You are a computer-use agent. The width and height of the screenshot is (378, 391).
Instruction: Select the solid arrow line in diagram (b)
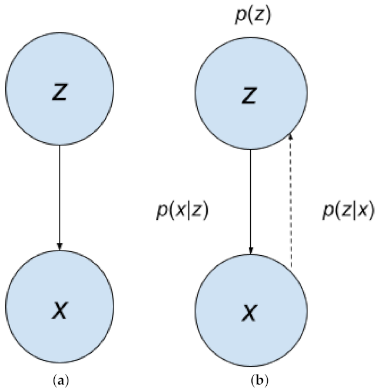[x=251, y=200]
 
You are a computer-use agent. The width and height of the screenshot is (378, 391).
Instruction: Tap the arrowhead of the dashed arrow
[x=291, y=136]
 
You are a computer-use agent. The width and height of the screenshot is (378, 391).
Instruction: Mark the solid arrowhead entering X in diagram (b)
[x=251, y=252]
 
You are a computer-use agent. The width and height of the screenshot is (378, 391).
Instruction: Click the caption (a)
[x=59, y=381]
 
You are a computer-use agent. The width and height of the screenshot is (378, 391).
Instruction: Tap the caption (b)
[x=251, y=381]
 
